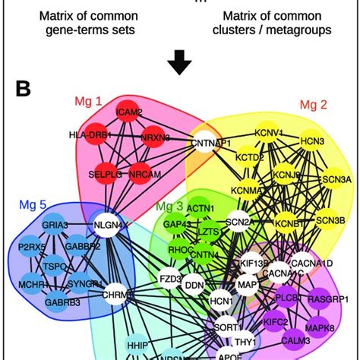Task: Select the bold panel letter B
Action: [x=24, y=90]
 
